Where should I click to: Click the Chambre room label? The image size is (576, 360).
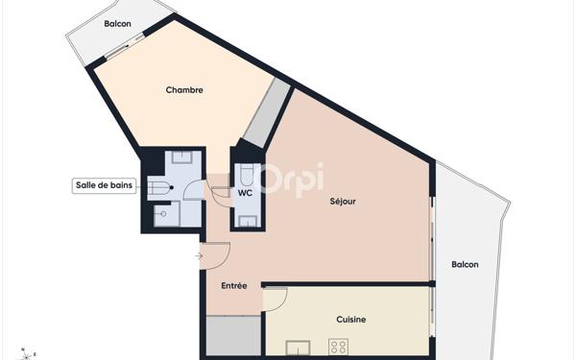tap(184, 90)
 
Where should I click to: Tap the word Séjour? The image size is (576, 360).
tap(343, 202)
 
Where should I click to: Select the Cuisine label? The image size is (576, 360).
tap(350, 319)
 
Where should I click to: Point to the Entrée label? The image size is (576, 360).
tap(234, 285)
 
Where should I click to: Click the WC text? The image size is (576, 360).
tap(245, 193)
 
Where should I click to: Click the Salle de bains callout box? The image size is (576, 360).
tap(104, 185)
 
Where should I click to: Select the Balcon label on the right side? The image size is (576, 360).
tap(465, 265)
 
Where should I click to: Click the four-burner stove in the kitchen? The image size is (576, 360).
tap(339, 347)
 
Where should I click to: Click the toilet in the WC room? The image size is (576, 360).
tap(246, 174)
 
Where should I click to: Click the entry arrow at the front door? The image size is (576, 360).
tap(198, 255)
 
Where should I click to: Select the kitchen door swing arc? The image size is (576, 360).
tap(274, 299)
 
